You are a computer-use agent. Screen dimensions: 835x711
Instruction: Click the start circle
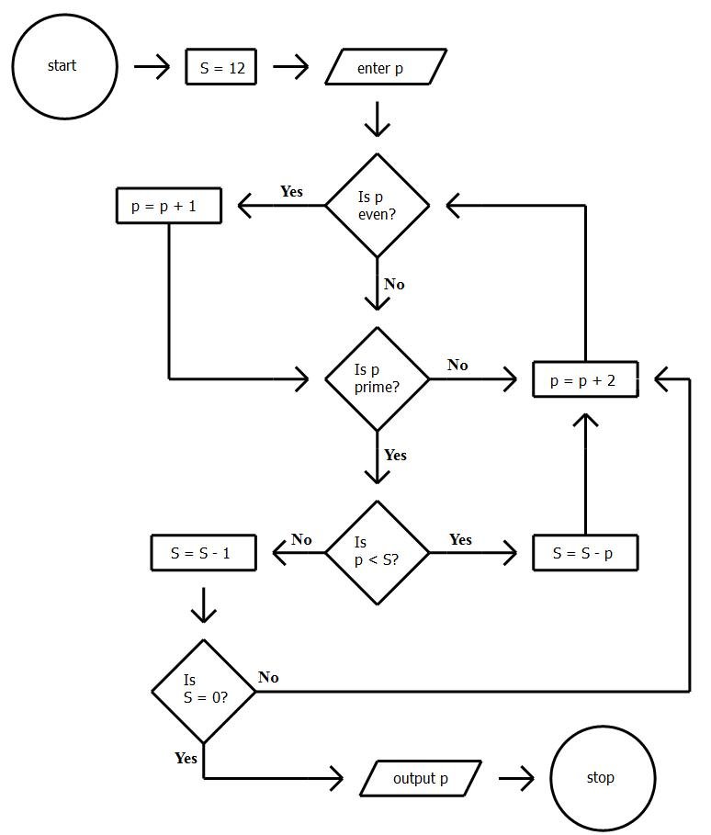[64, 66]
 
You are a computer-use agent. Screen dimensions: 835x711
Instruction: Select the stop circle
[602, 778]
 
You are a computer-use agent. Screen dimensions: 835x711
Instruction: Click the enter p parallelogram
[385, 68]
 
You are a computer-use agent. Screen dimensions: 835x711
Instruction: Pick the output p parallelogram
[421, 779]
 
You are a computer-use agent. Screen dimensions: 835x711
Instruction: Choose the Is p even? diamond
[378, 206]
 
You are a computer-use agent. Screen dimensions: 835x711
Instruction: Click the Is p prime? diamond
[378, 378]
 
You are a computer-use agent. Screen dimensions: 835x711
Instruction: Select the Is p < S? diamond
[378, 552]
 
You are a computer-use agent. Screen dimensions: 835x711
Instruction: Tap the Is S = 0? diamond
[203, 691]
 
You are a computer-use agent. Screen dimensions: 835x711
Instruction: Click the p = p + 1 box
[169, 206]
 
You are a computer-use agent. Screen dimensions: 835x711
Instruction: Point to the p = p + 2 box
[585, 379]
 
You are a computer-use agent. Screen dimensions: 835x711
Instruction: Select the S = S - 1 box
[202, 553]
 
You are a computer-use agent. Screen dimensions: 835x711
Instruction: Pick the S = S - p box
[585, 553]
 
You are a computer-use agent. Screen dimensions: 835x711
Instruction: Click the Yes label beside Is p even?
[291, 192]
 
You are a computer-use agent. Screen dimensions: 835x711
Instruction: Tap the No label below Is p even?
[394, 284]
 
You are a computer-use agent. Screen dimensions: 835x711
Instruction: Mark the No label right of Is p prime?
[457, 365]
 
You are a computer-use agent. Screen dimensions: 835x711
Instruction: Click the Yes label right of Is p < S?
[460, 539]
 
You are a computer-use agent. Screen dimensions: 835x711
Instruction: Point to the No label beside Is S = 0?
[268, 677]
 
